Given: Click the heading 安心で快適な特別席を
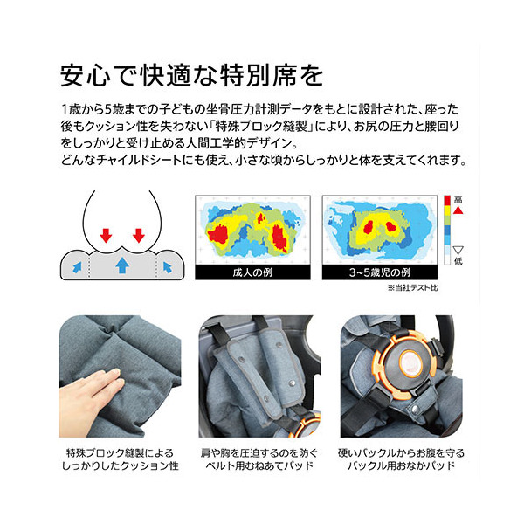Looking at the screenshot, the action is [x=191, y=75].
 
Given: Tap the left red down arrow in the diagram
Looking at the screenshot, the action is [x=106, y=235].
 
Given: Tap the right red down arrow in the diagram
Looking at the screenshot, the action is [x=139, y=235].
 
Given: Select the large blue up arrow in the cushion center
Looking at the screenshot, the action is [x=122, y=265].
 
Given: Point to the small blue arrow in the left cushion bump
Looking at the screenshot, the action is [x=77, y=267].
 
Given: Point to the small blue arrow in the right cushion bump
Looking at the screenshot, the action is [x=167, y=267].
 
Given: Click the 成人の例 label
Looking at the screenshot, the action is [x=252, y=272].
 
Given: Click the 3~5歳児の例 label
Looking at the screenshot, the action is [x=380, y=272].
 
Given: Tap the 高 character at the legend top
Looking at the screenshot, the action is [x=458, y=200].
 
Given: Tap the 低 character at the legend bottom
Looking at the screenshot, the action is [x=458, y=260].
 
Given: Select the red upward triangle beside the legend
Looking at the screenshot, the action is [x=458, y=210].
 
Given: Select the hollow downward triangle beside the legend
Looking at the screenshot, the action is [x=458, y=251].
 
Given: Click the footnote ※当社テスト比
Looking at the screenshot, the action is [x=413, y=287].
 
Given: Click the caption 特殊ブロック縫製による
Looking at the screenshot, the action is [x=120, y=453].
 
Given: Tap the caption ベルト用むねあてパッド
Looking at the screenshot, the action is [x=259, y=465].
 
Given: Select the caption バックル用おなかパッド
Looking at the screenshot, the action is [x=402, y=465].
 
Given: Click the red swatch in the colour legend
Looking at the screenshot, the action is [x=447, y=201].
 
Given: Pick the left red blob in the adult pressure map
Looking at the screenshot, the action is [x=217, y=233].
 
